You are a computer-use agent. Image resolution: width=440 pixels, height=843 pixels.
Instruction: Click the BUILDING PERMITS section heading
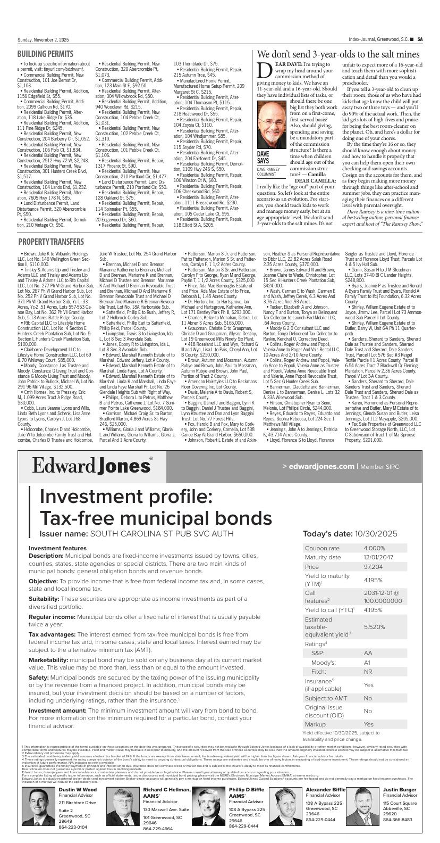[45, 54]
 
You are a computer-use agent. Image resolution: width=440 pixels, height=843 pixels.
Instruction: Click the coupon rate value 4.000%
[374, 548]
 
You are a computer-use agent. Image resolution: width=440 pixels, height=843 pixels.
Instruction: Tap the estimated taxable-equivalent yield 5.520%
[374, 627]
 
